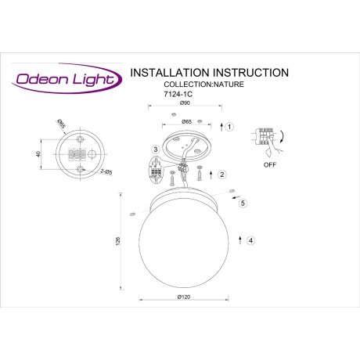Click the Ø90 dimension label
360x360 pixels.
185,104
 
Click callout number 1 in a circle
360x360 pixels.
229,126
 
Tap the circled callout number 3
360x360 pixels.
156,149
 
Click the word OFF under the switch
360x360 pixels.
269,165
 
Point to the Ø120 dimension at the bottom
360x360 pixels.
185,298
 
